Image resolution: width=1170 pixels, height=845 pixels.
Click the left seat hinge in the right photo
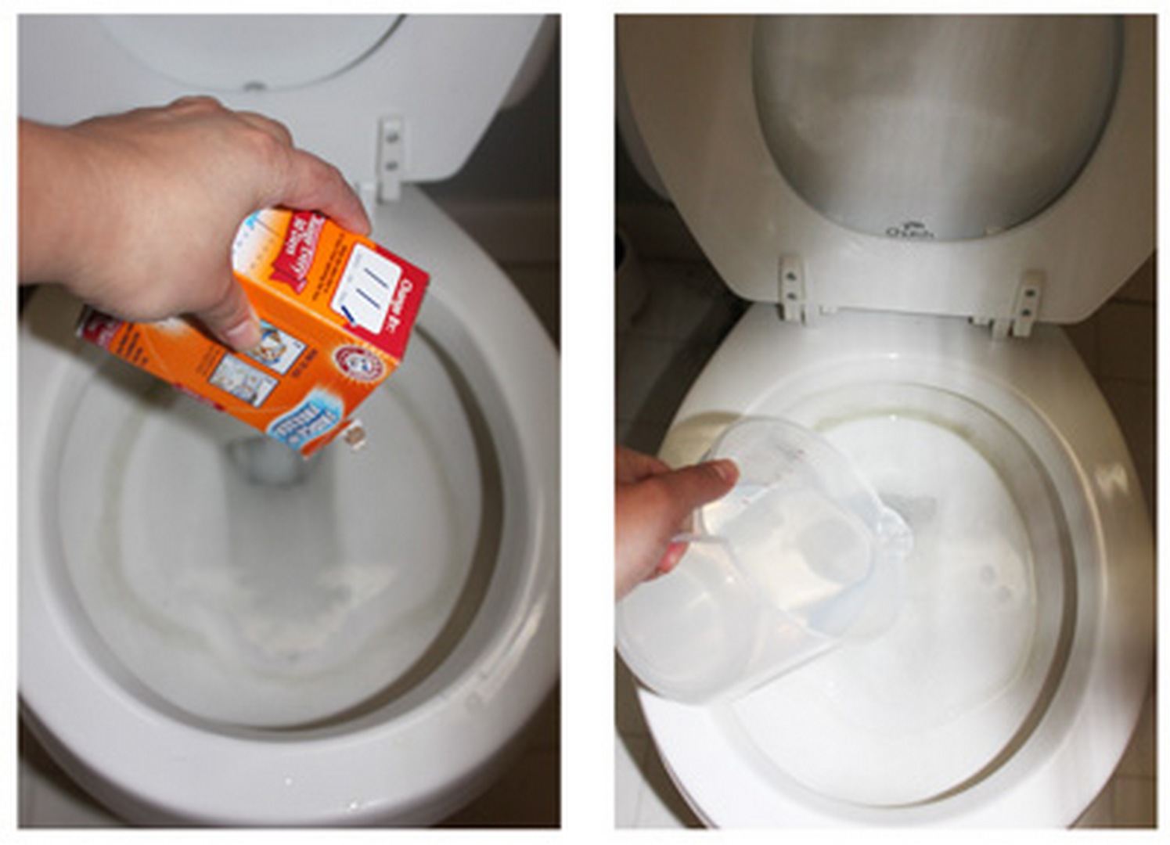point(792,288)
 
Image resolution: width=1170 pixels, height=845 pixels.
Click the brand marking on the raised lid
point(909,232)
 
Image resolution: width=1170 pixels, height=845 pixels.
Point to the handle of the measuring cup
point(689,540)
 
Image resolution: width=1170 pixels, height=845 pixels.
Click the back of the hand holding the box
point(157,180)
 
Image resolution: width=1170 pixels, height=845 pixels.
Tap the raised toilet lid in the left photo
point(258,47)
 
